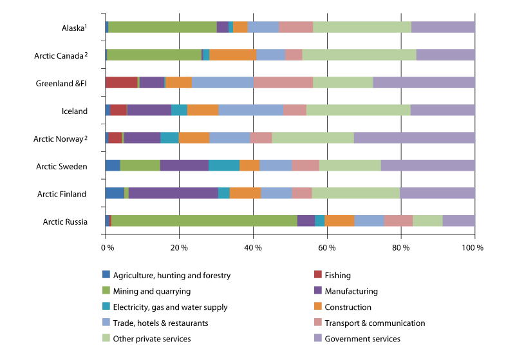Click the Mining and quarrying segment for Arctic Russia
(204, 221)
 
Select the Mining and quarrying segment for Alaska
(162, 26)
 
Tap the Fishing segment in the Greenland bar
(121, 82)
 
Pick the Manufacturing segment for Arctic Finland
(173, 193)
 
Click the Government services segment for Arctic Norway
(414, 138)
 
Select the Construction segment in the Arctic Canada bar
(233, 55)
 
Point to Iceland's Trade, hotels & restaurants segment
(250, 110)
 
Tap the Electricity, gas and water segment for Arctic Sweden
(224, 166)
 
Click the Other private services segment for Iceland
(358, 110)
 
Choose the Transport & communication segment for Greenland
(283, 82)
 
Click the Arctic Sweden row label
(62, 166)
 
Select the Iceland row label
(75, 111)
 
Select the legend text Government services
(363, 339)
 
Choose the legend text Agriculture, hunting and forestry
(171, 276)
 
